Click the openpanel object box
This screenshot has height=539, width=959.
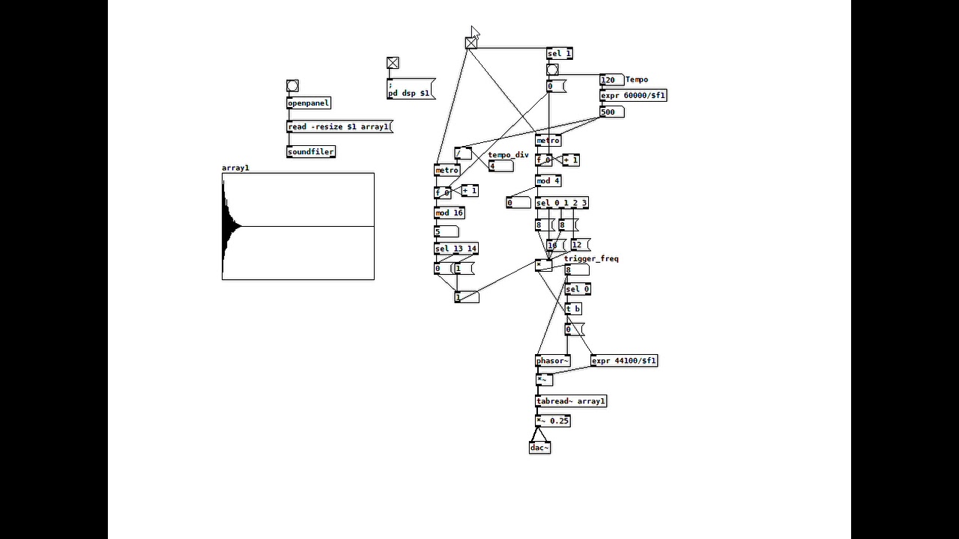[x=308, y=103]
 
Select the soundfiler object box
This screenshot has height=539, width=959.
[x=310, y=152]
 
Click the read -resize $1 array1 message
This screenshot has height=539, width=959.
[x=339, y=127]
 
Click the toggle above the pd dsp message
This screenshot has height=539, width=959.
[x=393, y=64]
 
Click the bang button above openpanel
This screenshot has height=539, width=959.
[x=292, y=86]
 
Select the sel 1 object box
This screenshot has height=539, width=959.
[x=559, y=54]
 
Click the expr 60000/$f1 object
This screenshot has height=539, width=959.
[x=632, y=96]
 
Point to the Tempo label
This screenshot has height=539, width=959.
[x=636, y=80]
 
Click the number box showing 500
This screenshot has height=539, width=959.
[x=611, y=112]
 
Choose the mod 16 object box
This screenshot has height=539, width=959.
[x=450, y=213]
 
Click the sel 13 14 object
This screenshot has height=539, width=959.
[x=456, y=249]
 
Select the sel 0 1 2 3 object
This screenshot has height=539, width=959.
[x=561, y=203]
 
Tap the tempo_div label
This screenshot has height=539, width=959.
[x=508, y=156]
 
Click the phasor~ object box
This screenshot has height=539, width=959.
[x=552, y=361]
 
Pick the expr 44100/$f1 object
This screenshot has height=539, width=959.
[x=623, y=361]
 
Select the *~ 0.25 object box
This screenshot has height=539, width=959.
[x=552, y=421]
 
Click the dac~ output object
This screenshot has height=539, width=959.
[x=539, y=448]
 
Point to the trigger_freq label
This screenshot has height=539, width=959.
[x=591, y=259]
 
